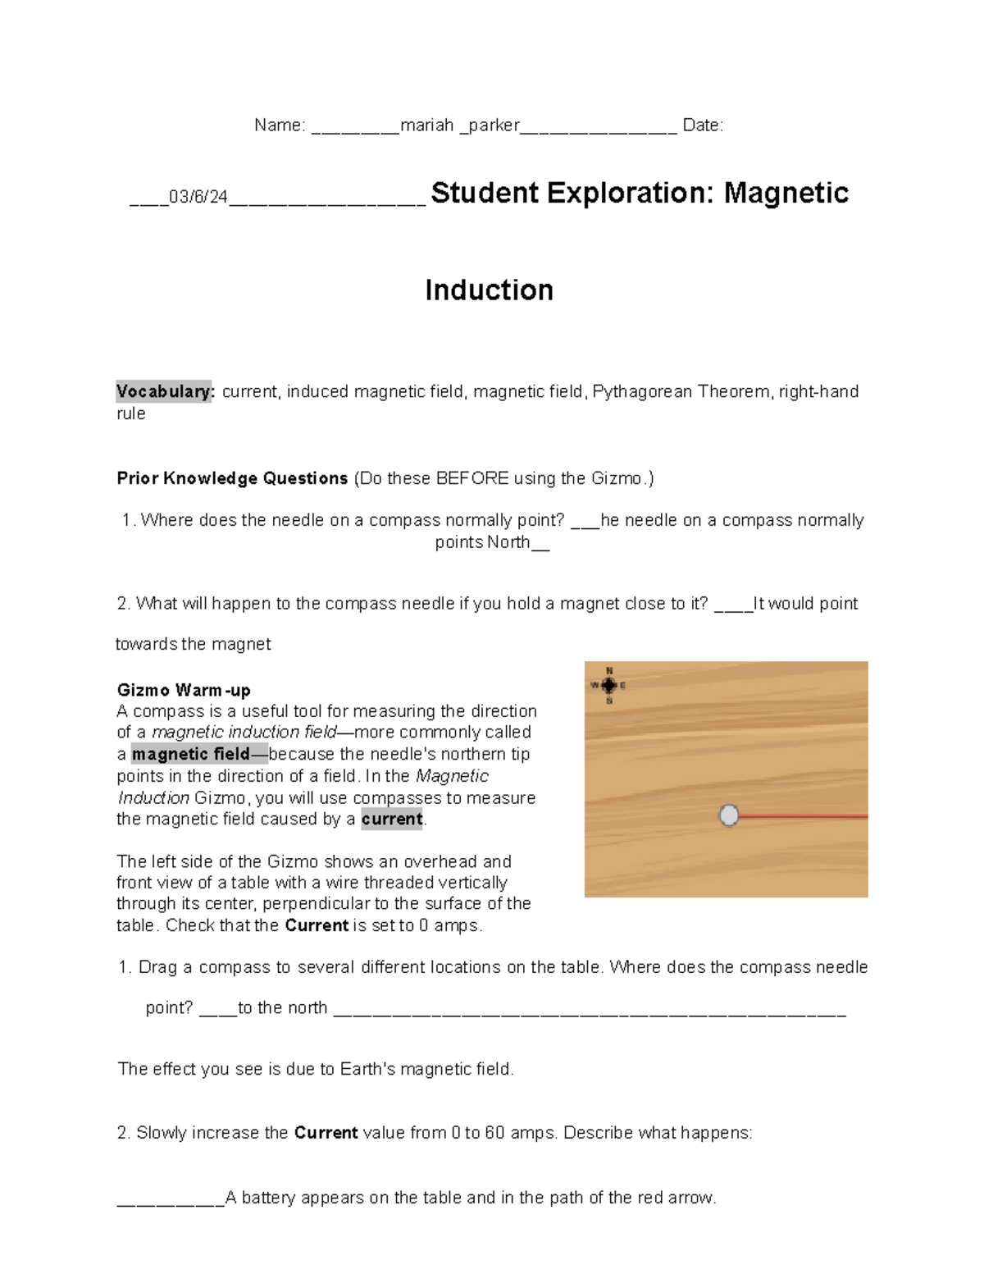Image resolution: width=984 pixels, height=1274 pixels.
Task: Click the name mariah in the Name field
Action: (x=426, y=126)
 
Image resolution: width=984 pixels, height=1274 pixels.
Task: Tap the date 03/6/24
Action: (x=198, y=198)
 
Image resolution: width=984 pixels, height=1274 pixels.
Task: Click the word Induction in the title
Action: (x=489, y=290)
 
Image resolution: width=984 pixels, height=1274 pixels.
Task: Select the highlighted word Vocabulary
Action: (x=165, y=392)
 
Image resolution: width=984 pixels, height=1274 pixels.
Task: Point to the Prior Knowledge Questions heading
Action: (x=232, y=478)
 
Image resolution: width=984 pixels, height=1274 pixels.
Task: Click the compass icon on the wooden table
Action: (x=608, y=685)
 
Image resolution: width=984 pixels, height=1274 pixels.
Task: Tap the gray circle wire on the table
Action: (x=728, y=815)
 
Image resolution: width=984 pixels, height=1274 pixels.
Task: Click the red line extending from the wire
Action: (x=804, y=816)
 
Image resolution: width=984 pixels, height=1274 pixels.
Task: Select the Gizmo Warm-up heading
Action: (x=184, y=690)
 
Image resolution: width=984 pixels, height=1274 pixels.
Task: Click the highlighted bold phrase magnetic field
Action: (x=191, y=754)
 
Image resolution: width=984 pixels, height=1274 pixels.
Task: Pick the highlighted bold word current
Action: (x=392, y=819)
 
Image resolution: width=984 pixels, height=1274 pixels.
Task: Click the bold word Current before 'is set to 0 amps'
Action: (x=317, y=925)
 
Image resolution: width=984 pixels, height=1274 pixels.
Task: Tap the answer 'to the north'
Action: (x=282, y=1008)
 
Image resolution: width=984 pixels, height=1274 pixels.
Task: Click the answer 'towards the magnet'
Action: (x=194, y=644)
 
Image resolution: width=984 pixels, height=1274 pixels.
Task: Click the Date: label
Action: (x=703, y=126)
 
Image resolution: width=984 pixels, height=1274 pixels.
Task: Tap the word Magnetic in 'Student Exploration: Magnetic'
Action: (x=786, y=194)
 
